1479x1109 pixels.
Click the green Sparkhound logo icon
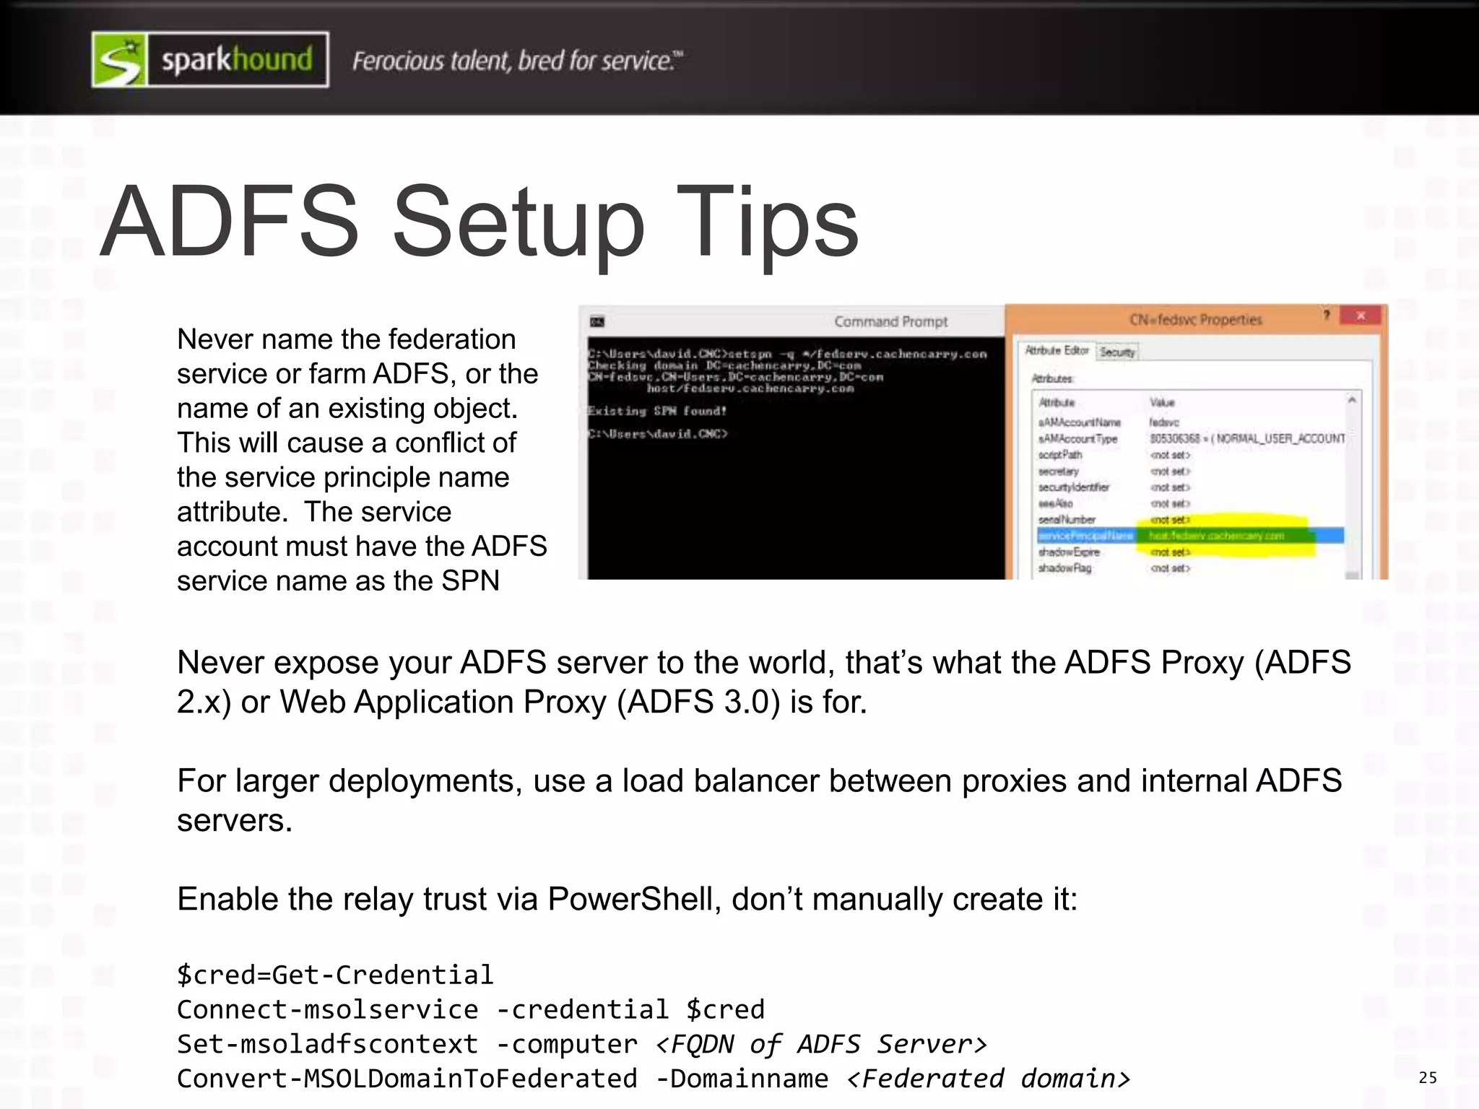tap(119, 60)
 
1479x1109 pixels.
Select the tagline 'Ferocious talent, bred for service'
tap(516, 61)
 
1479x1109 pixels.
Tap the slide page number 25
tap(1428, 1078)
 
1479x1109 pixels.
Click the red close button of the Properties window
tap(1360, 316)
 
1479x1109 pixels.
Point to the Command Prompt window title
tap(890, 321)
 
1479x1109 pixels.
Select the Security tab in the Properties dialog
tap(1117, 352)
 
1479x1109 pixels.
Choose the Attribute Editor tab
tap(1057, 350)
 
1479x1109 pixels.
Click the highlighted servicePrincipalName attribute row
tap(1189, 536)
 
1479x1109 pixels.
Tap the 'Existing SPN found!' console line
tap(656, 411)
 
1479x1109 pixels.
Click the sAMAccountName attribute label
tap(1079, 422)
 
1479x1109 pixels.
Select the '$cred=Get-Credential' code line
tap(335, 975)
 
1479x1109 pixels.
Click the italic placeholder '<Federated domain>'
tap(988, 1079)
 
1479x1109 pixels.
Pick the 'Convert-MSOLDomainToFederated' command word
tap(407, 1079)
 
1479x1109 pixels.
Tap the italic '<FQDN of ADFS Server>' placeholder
tap(821, 1044)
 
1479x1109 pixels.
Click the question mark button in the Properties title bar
tap(1326, 316)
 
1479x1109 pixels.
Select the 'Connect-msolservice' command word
tap(327, 1009)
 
